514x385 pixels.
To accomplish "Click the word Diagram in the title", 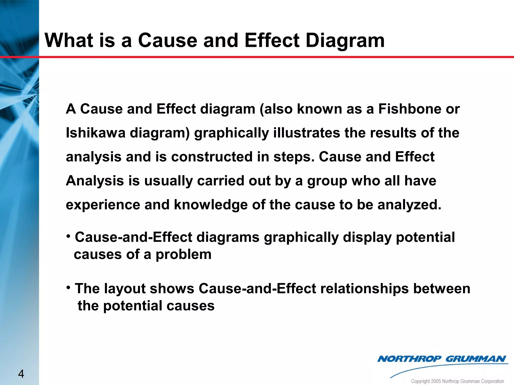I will [x=345, y=41].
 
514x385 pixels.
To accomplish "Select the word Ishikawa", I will [x=95, y=133].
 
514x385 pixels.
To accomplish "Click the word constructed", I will [x=212, y=157].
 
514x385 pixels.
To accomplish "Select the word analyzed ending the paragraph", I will [x=409, y=205].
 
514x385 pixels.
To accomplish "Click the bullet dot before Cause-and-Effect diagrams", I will [x=68, y=236].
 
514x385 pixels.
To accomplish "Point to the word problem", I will [x=183, y=255].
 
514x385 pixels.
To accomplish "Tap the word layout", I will [x=125, y=289].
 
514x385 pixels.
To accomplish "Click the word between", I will [x=442, y=288].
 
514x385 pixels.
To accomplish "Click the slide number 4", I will [x=21, y=374].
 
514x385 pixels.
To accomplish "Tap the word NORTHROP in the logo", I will [x=409, y=359].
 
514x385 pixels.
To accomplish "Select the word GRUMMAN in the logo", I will [x=476, y=359].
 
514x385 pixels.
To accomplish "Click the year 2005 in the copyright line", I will [x=436, y=381].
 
